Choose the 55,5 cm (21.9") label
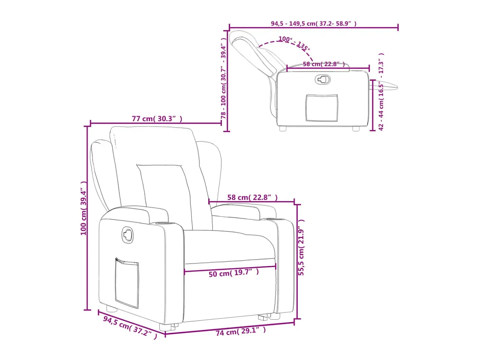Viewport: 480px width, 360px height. click(301, 248)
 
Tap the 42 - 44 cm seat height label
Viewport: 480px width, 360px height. click(381, 92)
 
